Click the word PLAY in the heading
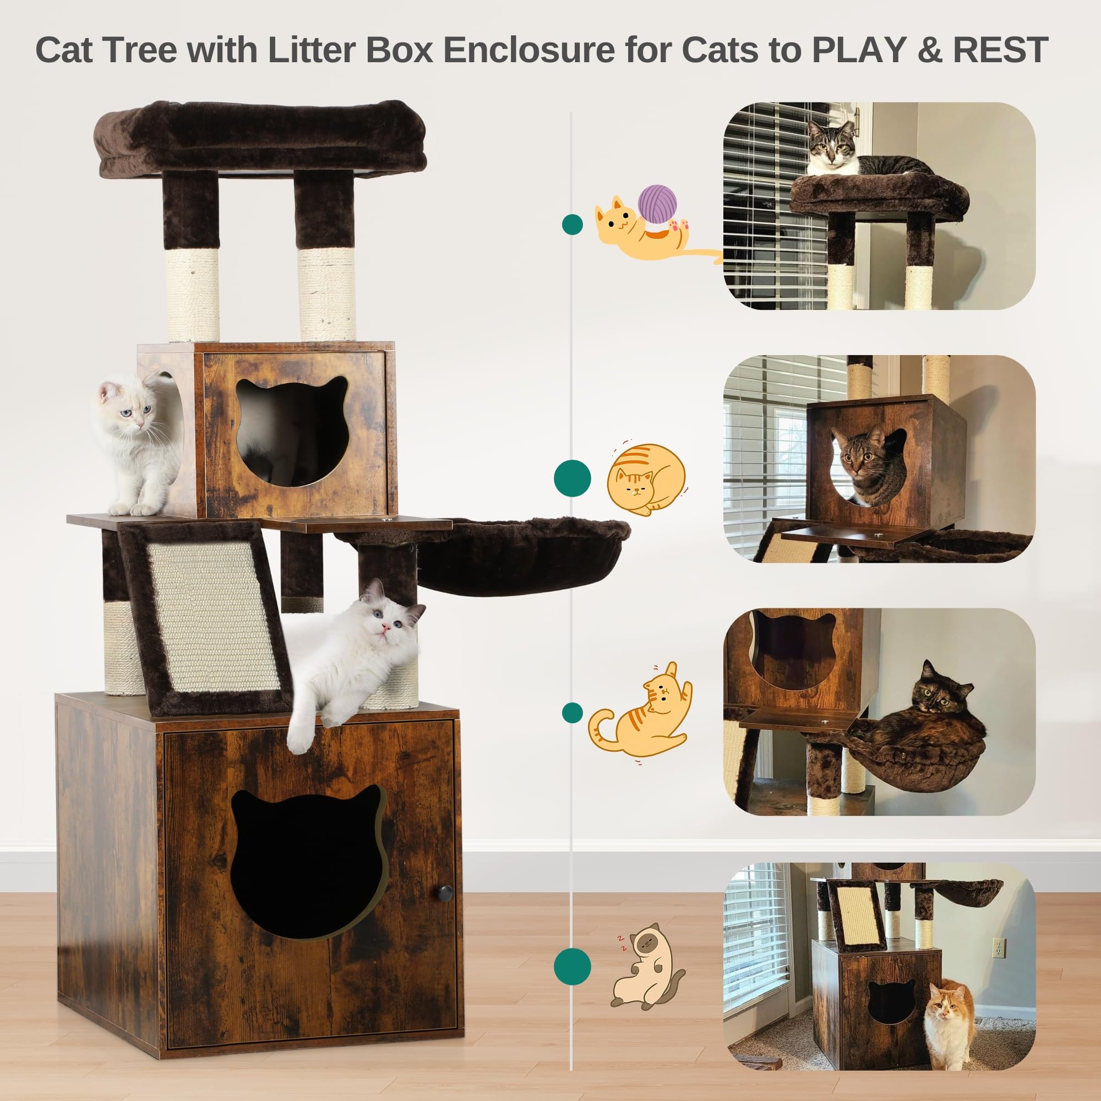click(x=857, y=50)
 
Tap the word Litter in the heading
click(x=312, y=50)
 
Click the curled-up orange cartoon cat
click(x=646, y=479)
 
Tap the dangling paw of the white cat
click(x=300, y=739)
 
